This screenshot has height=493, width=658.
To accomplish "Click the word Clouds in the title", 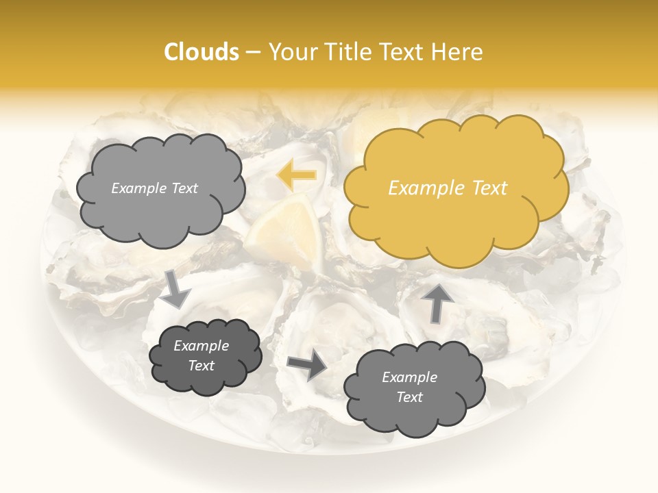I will pos(202,52).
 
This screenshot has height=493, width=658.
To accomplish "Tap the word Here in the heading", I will pos(459,52).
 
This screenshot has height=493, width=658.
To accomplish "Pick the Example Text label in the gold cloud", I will pos(448,188).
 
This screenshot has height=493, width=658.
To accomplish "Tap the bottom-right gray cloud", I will pos(414,411).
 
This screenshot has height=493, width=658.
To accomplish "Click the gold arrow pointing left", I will pos(296,175).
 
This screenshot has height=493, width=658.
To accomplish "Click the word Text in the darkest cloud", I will pos(201,366).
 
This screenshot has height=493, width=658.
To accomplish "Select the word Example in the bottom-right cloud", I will pos(409,377).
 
